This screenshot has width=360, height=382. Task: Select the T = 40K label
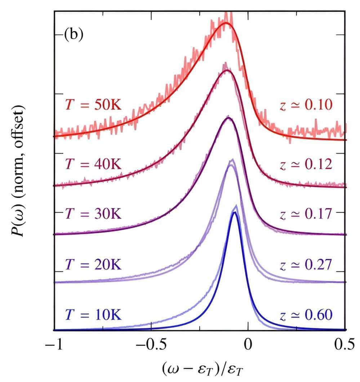94,165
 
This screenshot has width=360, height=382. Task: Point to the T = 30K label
94,214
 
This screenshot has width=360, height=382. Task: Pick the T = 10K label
94,315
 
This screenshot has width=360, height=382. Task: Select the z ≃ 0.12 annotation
306,165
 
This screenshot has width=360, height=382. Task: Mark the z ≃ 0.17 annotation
306,214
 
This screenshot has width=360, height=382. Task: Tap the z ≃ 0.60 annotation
306,315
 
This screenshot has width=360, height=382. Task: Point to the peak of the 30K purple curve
228,118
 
